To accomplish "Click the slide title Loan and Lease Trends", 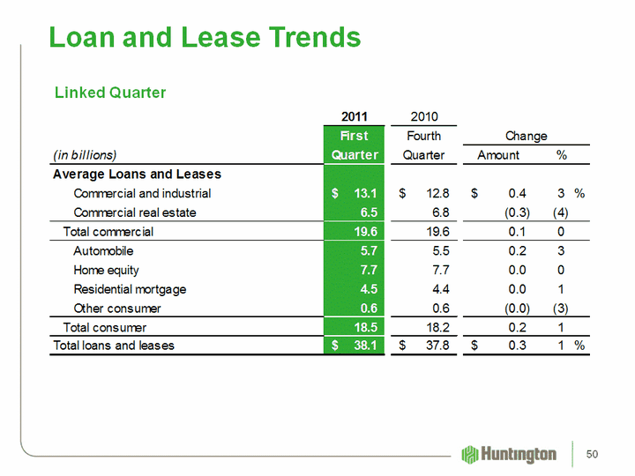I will [205, 37].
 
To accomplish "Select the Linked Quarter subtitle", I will [110, 93].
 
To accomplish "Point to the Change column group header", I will [526, 136].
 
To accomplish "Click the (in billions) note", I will [86, 155].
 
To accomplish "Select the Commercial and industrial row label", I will [142, 193].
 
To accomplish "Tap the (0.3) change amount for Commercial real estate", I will [512, 212].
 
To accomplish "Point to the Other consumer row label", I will [117, 309].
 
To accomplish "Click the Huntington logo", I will [509, 454].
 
